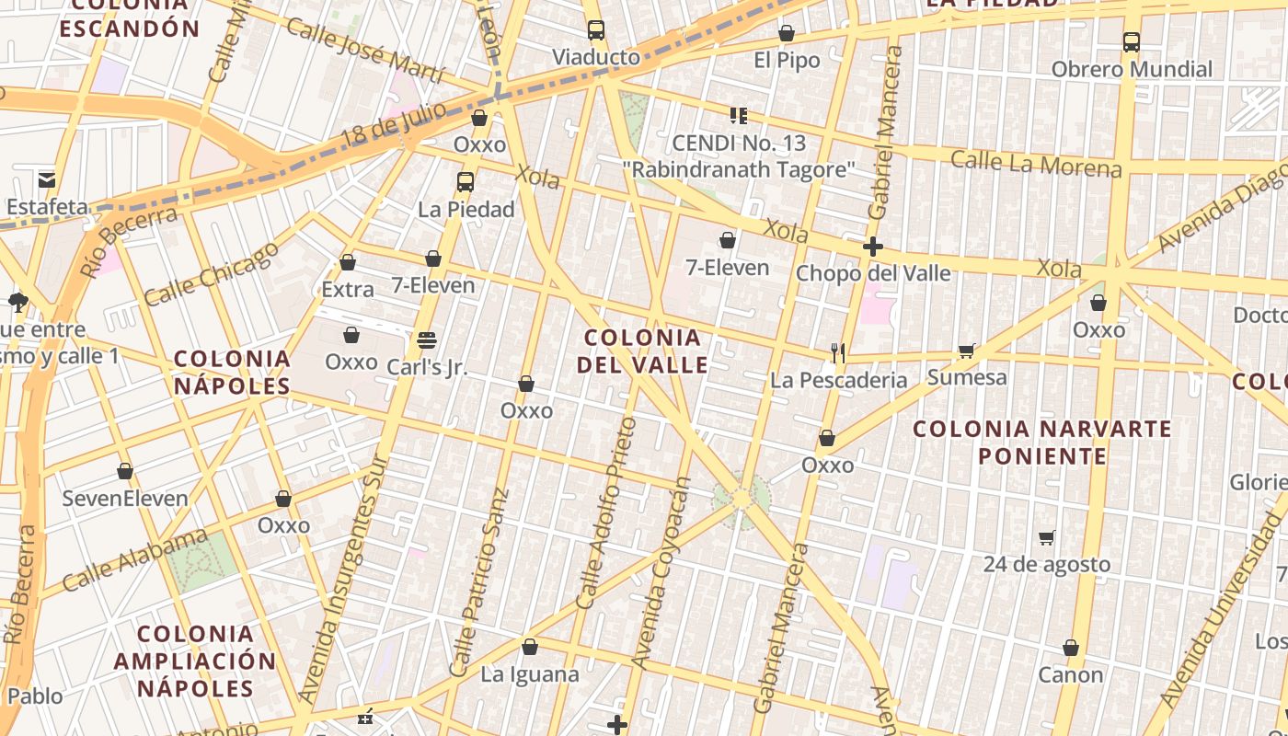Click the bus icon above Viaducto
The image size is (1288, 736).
pos(596,29)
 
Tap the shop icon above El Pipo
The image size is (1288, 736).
pos(786,34)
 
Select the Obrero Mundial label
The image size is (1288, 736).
pos(1132,69)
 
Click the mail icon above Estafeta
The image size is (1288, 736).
pos(46,178)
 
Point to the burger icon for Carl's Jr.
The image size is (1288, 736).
pos(426,339)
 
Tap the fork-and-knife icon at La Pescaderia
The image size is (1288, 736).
pos(837,352)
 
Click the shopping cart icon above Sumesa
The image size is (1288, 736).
pos(966,351)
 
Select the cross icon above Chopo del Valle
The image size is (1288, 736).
pos(873,247)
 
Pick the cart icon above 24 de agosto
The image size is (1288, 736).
pos(1046,537)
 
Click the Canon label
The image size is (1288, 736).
pos(1070,674)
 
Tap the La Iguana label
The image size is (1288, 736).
pos(530,674)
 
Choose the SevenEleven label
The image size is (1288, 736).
pos(125,499)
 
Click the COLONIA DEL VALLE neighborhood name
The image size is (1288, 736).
pos(642,351)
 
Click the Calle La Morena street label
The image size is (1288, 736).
pos(1036,164)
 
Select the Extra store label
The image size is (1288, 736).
pos(348,290)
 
